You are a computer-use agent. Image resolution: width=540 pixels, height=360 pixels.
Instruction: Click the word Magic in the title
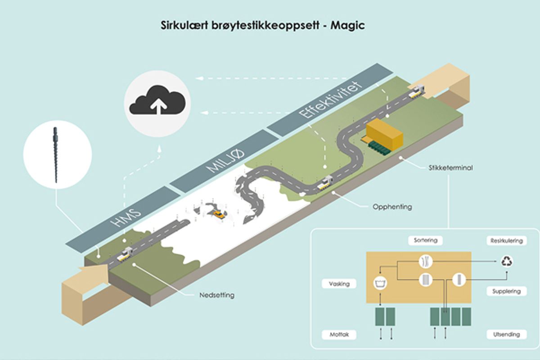(347, 26)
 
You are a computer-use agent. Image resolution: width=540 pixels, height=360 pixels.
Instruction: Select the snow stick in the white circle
(56, 154)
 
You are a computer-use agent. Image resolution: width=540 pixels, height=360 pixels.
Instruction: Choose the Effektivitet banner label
(331, 102)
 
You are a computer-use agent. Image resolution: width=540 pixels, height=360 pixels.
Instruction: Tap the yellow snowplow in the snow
(219, 215)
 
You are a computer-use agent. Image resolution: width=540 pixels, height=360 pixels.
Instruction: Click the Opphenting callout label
(392, 207)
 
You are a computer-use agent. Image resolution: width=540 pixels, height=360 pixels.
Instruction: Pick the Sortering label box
(425, 240)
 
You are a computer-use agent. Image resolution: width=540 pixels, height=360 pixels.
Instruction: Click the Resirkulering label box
(506, 241)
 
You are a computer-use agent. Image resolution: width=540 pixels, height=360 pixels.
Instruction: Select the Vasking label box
(339, 284)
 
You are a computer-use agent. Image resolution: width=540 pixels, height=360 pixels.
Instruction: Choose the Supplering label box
(506, 291)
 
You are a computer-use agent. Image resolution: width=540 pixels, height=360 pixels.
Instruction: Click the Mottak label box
(339, 335)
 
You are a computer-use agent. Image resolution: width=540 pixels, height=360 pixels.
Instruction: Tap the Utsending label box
(506, 334)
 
